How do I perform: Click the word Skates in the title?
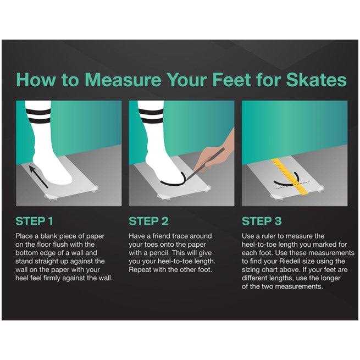click(316, 80)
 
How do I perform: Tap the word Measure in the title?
click(123, 80)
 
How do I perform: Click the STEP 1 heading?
click(34, 221)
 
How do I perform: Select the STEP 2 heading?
click(148, 221)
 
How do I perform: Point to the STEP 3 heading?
click(262, 221)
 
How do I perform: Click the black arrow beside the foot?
click(38, 177)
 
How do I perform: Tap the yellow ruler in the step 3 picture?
click(290, 176)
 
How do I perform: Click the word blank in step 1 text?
click(49, 236)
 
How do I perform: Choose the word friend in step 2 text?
click(162, 236)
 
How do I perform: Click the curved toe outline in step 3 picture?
click(287, 181)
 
